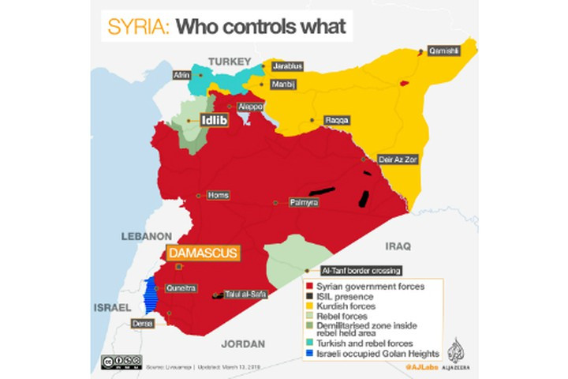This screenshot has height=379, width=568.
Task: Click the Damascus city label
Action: point(202,253)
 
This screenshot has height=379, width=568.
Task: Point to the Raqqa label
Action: point(336,120)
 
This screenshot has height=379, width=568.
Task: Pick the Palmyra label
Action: point(304,203)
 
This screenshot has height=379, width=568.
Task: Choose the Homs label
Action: point(216,194)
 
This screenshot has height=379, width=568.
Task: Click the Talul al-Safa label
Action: point(246,295)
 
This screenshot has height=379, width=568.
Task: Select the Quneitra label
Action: point(181,288)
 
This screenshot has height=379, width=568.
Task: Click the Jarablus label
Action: point(287,66)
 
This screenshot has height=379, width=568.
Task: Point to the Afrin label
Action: point(181,76)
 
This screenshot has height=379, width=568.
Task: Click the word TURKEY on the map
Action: point(229,60)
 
